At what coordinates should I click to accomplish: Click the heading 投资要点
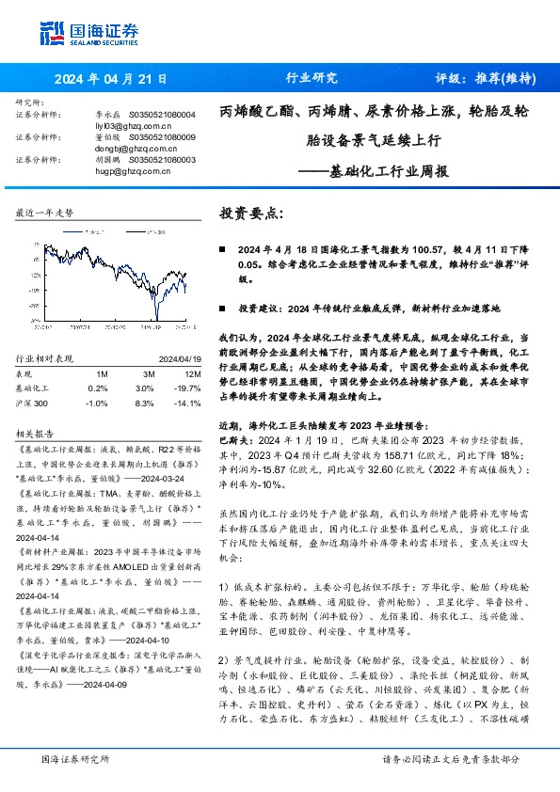click(250, 213)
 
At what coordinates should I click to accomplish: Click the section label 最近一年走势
click(45, 214)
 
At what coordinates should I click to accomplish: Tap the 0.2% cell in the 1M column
click(97, 387)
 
